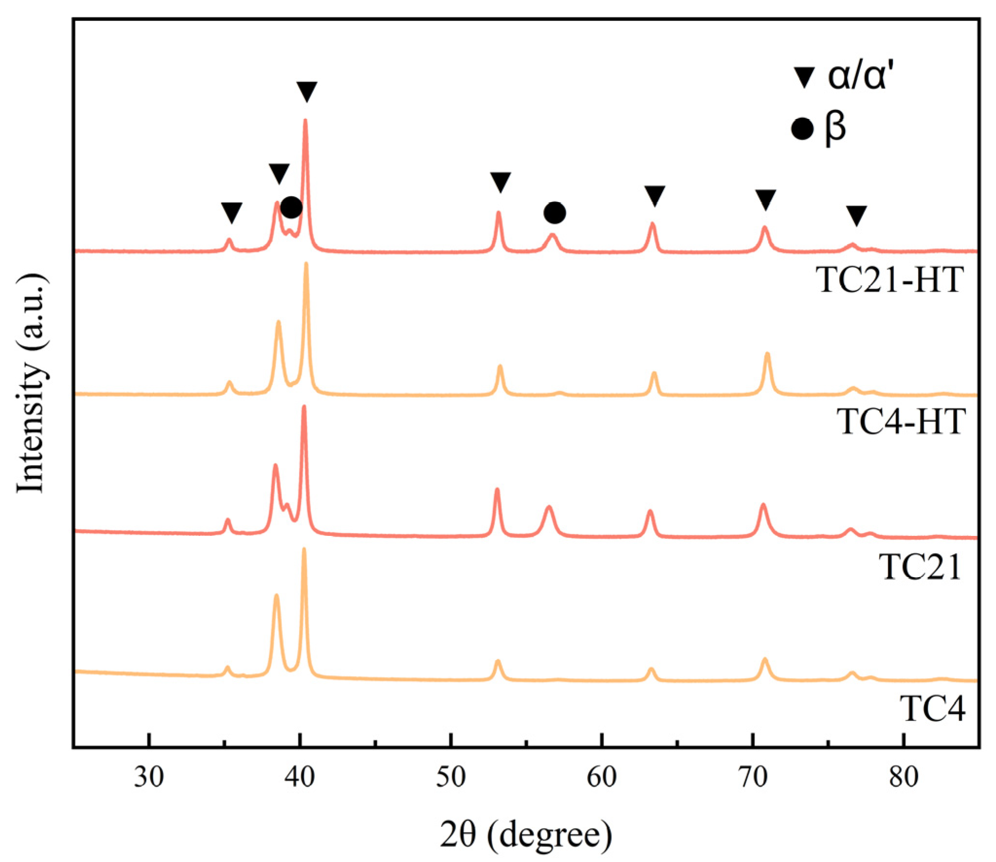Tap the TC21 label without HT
[920, 567]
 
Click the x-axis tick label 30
[149, 777]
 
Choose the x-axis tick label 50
[451, 777]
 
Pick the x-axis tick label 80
[904, 777]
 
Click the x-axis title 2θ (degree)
[526, 834]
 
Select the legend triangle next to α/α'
[804, 78]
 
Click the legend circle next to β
[803, 129]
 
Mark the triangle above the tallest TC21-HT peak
[307, 91]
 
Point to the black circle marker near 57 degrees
[554, 212]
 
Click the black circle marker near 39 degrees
[291, 208]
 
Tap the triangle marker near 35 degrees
[231, 212]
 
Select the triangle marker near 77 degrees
[856, 215]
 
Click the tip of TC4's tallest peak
[304, 550]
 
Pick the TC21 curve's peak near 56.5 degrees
[549, 508]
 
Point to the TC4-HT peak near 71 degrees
[768, 354]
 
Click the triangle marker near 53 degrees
[500, 182]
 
